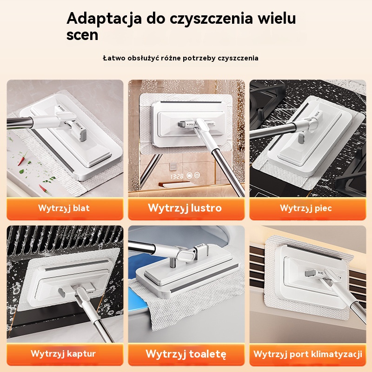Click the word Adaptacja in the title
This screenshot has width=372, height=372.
[x=104, y=19]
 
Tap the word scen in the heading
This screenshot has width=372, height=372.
[x=82, y=35]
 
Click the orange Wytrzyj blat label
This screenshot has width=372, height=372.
[x=64, y=208]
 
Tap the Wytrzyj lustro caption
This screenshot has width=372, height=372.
[x=185, y=208]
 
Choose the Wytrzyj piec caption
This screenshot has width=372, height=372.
[x=306, y=208]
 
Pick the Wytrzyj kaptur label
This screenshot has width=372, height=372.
[x=63, y=354]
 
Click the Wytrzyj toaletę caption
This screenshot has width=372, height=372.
[x=186, y=354]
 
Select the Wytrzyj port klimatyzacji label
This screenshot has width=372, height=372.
[x=308, y=354]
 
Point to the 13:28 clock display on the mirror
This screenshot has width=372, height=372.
[x=177, y=176]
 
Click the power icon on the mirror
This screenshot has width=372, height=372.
[x=197, y=175]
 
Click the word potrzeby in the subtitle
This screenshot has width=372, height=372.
[x=195, y=58]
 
